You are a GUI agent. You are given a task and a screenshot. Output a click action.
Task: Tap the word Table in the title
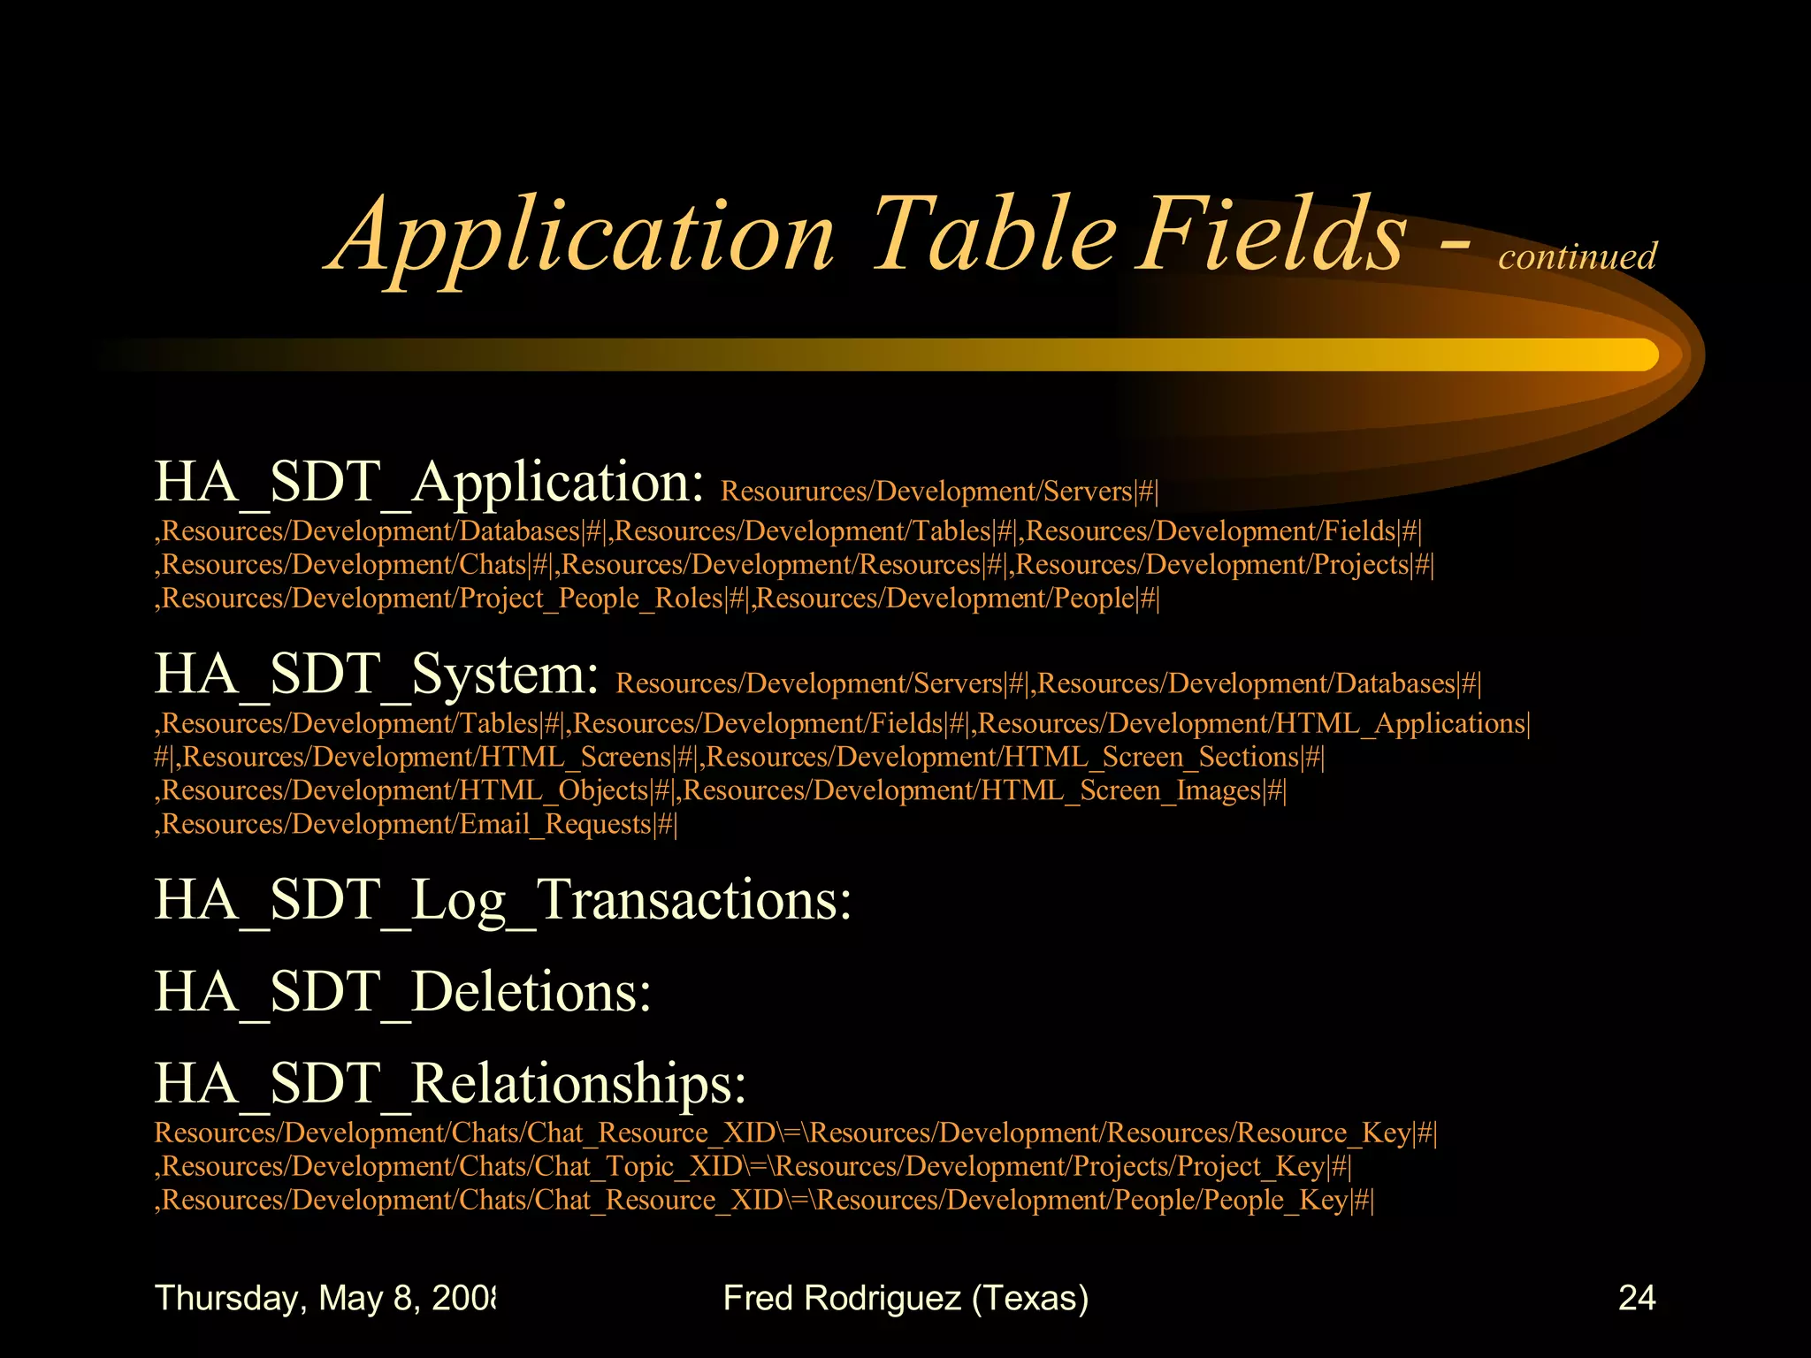pyautogui.click(x=995, y=234)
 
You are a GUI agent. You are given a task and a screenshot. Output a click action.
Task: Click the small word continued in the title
pyautogui.click(x=1577, y=256)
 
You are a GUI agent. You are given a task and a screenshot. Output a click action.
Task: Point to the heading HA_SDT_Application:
pyautogui.click(x=429, y=483)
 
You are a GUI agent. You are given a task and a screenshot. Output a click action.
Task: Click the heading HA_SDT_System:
pyautogui.click(x=377, y=675)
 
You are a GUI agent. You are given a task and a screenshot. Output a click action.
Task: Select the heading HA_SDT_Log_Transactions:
pyautogui.click(x=502, y=900)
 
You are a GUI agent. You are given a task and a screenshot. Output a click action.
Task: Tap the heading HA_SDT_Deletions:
pyautogui.click(x=402, y=991)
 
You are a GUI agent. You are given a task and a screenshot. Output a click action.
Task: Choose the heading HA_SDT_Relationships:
pyautogui.click(x=450, y=1083)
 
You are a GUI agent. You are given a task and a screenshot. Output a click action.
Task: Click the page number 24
pyautogui.click(x=1636, y=1298)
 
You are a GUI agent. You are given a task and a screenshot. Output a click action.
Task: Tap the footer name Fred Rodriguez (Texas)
pyautogui.click(x=905, y=1298)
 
